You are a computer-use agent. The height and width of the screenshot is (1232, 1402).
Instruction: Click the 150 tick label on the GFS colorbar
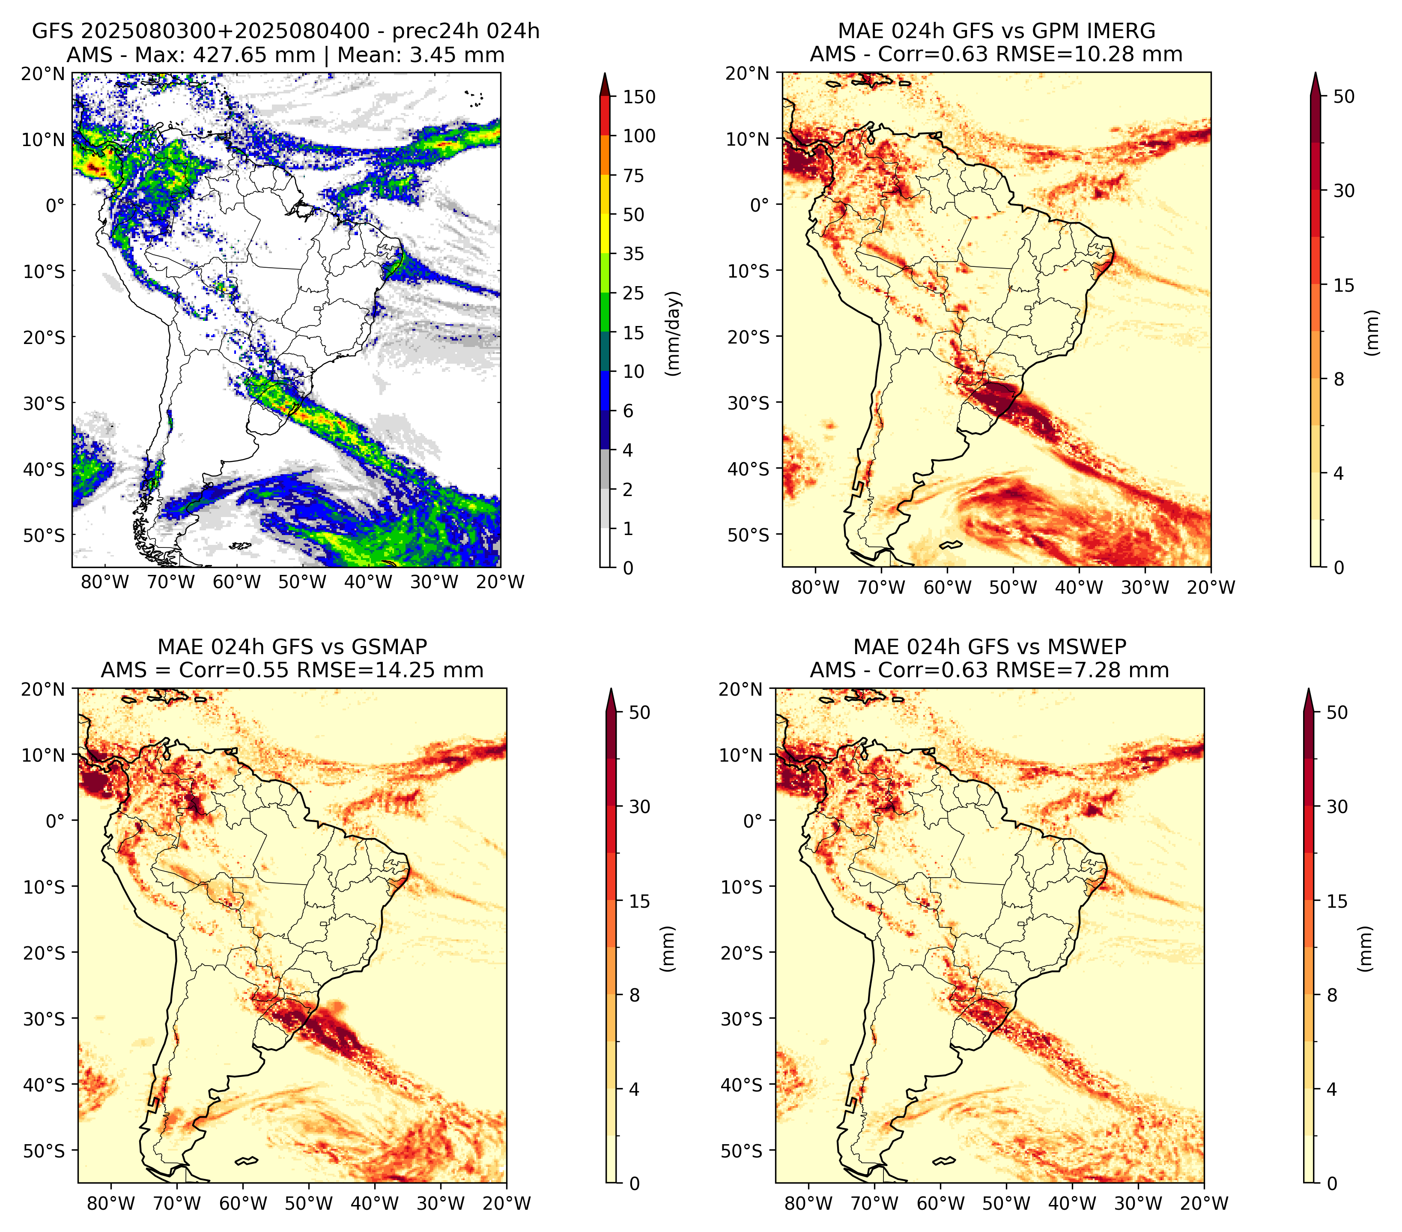coord(638,97)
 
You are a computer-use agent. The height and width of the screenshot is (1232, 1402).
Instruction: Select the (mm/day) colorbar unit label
coord(674,333)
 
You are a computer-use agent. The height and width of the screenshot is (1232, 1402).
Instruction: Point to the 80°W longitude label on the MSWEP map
coord(808,1203)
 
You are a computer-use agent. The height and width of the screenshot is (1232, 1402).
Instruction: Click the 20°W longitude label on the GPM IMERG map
coord(1211,587)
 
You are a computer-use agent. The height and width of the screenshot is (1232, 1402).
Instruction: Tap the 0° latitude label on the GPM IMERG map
coord(760,204)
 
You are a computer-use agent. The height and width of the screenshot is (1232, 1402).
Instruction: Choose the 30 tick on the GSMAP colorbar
coord(639,807)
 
